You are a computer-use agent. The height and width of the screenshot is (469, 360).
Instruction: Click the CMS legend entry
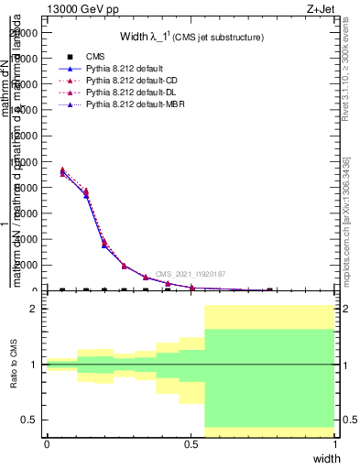coord(93,57)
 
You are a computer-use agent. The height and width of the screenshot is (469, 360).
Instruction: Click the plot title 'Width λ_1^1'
coord(191,37)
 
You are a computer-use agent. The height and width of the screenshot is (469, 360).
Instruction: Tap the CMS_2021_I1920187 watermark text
coord(190,274)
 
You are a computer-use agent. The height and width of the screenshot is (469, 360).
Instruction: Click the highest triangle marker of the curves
coord(62,169)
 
